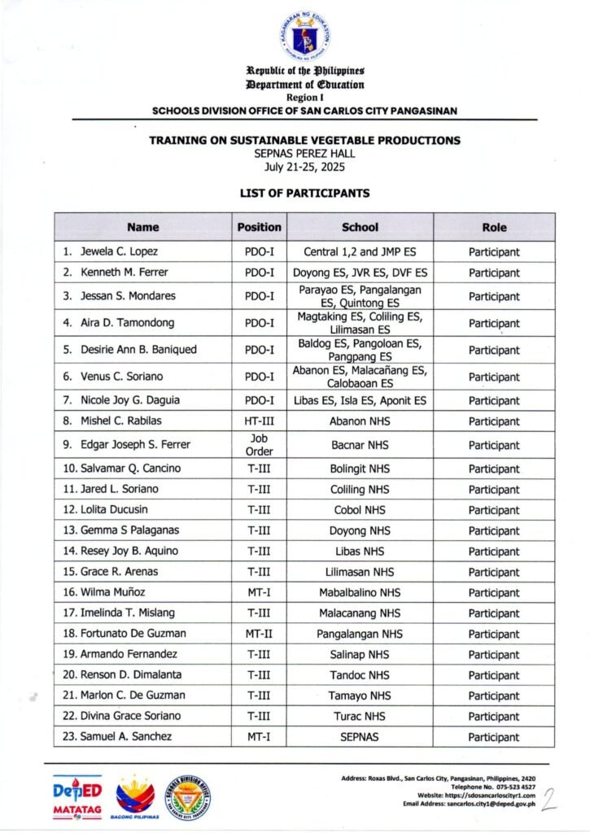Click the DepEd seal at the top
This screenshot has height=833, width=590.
pyautogui.click(x=304, y=35)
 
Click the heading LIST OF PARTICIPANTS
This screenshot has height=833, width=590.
pyautogui.click(x=304, y=194)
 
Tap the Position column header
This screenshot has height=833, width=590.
pyautogui.click(x=259, y=228)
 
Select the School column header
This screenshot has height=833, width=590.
pyautogui.click(x=360, y=228)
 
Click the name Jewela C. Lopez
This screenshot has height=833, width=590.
pyautogui.click(x=119, y=252)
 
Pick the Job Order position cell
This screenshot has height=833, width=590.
pyautogui.click(x=259, y=445)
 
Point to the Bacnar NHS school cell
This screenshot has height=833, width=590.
pyautogui.click(x=360, y=446)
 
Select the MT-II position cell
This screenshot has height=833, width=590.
pyautogui.click(x=259, y=634)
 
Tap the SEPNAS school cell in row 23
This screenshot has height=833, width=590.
pyautogui.click(x=360, y=737)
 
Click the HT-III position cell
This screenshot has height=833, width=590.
pyautogui.click(x=259, y=421)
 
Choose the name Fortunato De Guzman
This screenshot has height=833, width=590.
pyautogui.click(x=133, y=634)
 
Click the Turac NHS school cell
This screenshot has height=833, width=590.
pyautogui.click(x=360, y=717)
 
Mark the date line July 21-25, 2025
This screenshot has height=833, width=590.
pyautogui.click(x=304, y=167)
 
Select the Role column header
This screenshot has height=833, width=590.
pyautogui.click(x=494, y=228)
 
